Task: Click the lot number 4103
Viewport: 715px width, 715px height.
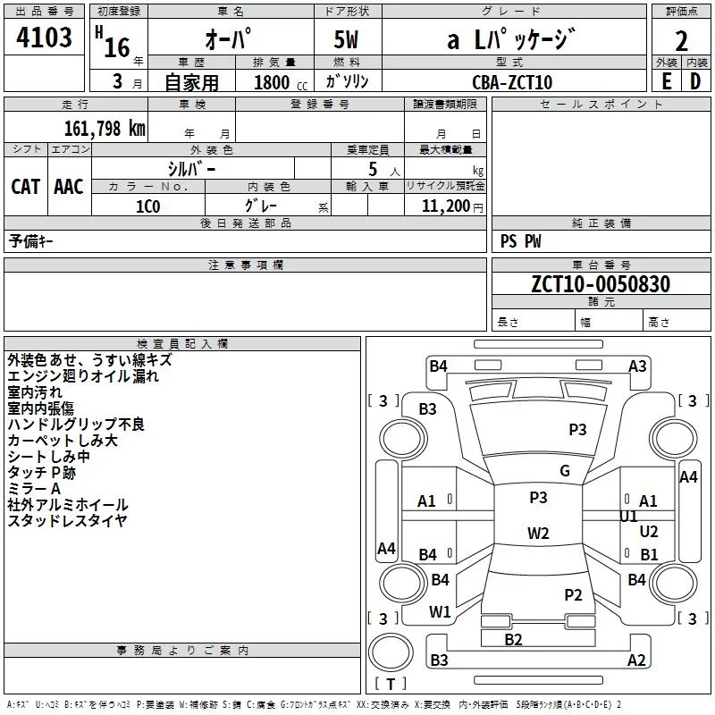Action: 44,38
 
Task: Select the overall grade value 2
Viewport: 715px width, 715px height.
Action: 681,41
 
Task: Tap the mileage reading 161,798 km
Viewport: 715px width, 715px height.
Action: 105,129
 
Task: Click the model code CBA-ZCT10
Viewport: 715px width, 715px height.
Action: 512,82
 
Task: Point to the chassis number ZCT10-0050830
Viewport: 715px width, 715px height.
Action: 601,284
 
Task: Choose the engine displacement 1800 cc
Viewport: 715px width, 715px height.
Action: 281,82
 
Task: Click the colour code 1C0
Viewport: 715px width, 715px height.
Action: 148,206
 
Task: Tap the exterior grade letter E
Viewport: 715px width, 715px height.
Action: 666,81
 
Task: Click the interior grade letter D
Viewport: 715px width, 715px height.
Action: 695,81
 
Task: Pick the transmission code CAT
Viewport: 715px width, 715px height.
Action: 26,187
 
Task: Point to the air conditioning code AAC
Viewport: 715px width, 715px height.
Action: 69,187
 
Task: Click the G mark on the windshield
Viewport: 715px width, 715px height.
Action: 565,471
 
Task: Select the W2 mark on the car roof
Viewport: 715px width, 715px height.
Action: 538,533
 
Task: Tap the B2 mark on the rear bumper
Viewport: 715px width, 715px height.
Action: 513,640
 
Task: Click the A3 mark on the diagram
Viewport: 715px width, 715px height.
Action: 637,366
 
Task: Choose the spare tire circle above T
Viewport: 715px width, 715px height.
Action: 391,652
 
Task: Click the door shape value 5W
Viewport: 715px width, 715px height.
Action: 346,39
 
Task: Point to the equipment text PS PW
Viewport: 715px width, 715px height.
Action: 520,241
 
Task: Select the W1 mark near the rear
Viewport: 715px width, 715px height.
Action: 440,612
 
